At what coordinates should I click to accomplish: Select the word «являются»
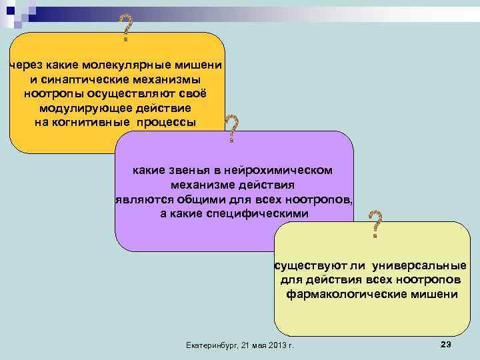pyautogui.click(x=142, y=199)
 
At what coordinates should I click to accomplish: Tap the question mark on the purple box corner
pyautogui.click(x=231, y=128)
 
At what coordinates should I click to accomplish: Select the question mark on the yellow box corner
pyautogui.click(x=376, y=224)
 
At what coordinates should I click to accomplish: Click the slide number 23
pyautogui.click(x=446, y=343)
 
